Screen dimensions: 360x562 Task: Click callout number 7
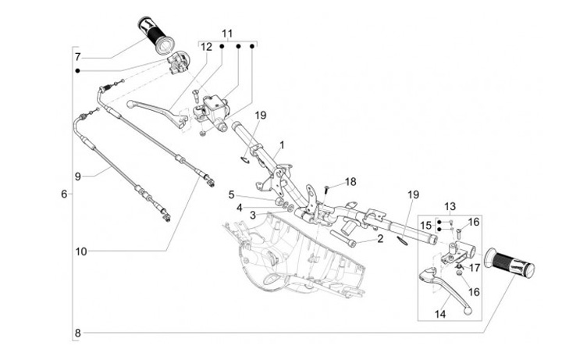click(78, 57)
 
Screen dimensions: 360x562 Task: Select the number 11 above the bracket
click(227, 34)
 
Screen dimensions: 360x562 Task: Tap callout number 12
click(207, 48)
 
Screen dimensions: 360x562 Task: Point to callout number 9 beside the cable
click(78, 176)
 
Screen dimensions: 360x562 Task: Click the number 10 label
click(81, 251)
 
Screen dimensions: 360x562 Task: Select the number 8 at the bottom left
click(77, 333)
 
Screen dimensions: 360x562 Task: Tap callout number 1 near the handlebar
click(282, 145)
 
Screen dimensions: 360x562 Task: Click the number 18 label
click(350, 181)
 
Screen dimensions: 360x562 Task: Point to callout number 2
click(379, 238)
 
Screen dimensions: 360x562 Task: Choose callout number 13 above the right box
click(450, 207)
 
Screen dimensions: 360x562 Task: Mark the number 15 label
click(426, 226)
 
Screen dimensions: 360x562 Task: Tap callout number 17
click(475, 266)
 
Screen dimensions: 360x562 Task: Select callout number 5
click(232, 194)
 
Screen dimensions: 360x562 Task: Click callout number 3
click(253, 214)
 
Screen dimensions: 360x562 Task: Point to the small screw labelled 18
click(329, 188)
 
